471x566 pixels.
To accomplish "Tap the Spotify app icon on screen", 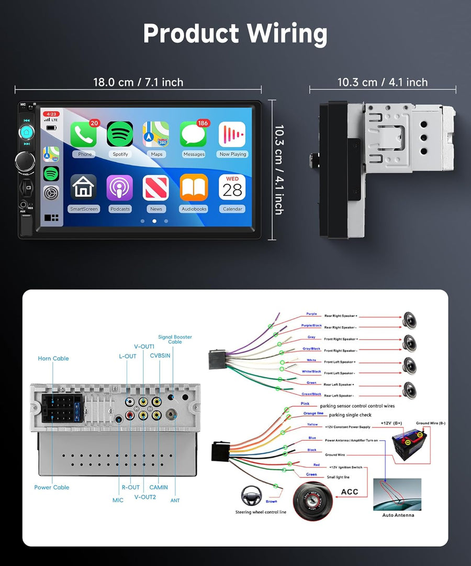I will (x=120, y=135).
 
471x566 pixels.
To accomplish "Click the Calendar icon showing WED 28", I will (x=232, y=188).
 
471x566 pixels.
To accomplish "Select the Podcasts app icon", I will (x=120, y=188).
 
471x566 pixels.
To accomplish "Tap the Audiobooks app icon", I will (x=194, y=188).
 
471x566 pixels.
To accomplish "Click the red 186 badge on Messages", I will (x=203, y=123).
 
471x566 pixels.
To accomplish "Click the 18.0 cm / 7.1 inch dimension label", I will (x=138, y=82).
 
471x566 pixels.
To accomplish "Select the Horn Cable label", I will (x=53, y=358).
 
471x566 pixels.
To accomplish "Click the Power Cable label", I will (x=52, y=487).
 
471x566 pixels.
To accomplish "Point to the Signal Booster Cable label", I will (x=175, y=339).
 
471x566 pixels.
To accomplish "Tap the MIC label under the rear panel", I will (x=118, y=500).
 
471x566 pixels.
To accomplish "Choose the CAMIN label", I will (x=159, y=487).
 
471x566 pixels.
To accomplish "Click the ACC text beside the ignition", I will (x=350, y=492).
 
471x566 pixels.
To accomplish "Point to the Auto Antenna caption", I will (x=398, y=515).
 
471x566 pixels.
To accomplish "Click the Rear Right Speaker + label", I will (x=341, y=316).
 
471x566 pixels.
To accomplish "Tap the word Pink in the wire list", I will (x=305, y=404).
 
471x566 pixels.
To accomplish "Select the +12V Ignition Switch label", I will (x=345, y=466).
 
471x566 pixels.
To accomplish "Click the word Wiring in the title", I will (x=287, y=34).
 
